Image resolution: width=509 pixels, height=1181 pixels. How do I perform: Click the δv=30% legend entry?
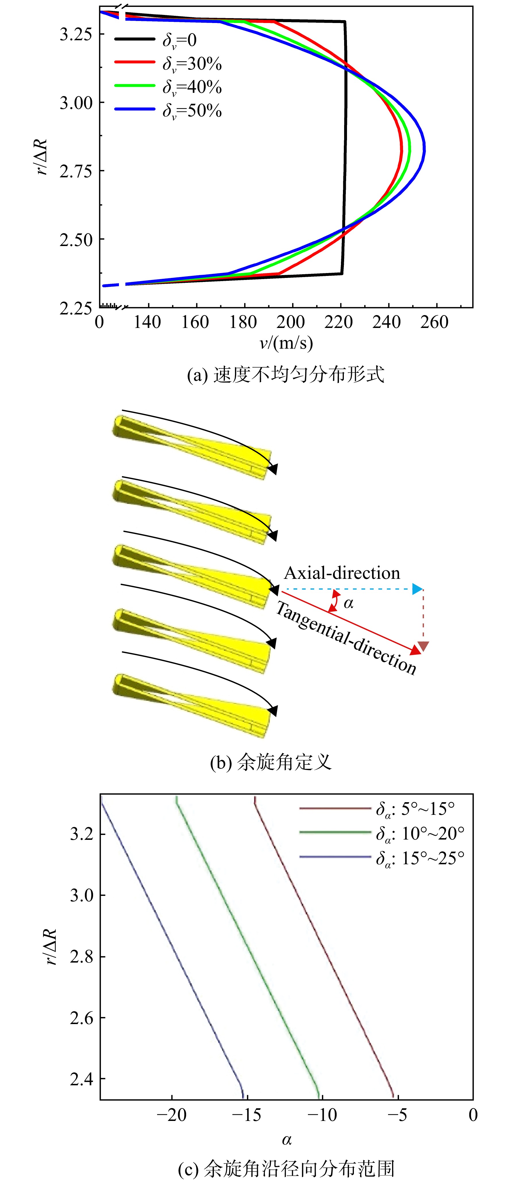click(x=168, y=63)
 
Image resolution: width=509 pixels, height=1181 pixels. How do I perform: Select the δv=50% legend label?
click(x=192, y=110)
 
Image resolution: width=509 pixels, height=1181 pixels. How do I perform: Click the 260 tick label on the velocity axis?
click(x=434, y=322)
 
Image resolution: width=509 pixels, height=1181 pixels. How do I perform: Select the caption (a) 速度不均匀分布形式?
click(x=286, y=375)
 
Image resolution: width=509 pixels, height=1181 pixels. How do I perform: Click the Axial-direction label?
click(x=342, y=573)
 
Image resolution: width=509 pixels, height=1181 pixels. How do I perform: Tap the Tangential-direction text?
click(x=346, y=638)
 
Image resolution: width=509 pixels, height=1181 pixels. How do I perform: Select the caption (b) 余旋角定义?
click(x=271, y=762)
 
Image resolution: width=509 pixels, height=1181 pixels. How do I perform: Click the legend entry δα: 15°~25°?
click(x=382, y=858)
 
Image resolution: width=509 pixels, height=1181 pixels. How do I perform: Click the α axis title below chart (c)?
click(x=287, y=1140)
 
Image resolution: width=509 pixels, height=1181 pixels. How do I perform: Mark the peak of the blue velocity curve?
click(x=425, y=149)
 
